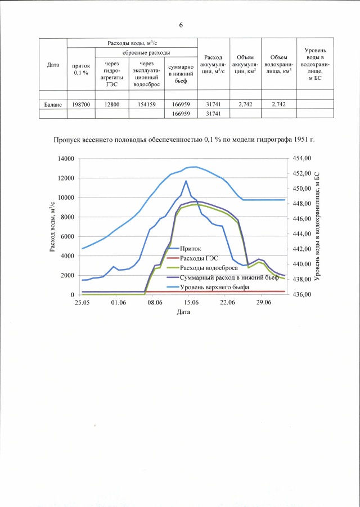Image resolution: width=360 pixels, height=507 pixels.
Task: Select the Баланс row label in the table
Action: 53,104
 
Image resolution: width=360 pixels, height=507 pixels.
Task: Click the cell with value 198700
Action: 81,104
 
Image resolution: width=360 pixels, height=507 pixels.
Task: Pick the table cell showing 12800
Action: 112,104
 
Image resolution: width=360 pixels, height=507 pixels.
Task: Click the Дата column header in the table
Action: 53,65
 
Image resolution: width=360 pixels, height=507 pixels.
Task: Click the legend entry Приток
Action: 191,248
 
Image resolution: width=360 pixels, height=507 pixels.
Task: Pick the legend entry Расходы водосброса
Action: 208,268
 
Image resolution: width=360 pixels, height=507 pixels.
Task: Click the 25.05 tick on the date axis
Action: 82,303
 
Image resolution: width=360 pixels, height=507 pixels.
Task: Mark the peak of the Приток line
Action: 186,181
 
